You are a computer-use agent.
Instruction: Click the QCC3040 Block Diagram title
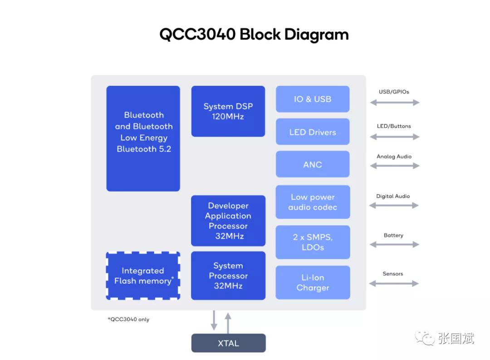254,35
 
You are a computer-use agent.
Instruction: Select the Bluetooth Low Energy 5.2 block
143,138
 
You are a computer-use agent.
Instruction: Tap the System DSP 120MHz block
228,111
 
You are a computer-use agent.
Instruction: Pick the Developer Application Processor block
228,221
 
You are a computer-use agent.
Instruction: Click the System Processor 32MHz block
228,276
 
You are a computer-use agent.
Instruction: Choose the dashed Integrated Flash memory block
143,276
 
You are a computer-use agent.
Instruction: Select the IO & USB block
313,99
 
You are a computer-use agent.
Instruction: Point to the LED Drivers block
313,132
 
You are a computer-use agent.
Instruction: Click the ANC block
313,164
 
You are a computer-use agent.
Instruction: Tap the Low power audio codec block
313,202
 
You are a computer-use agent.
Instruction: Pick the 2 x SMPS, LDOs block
313,242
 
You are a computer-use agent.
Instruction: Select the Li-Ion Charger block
313,282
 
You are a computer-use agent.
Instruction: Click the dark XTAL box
228,343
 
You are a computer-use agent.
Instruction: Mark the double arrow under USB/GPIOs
394,103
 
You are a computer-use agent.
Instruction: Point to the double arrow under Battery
394,245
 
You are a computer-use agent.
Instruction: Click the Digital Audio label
393,196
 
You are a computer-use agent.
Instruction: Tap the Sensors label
392,274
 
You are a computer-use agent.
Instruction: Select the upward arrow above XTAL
228,322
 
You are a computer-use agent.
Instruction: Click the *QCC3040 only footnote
128,320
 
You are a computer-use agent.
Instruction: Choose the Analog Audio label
394,157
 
